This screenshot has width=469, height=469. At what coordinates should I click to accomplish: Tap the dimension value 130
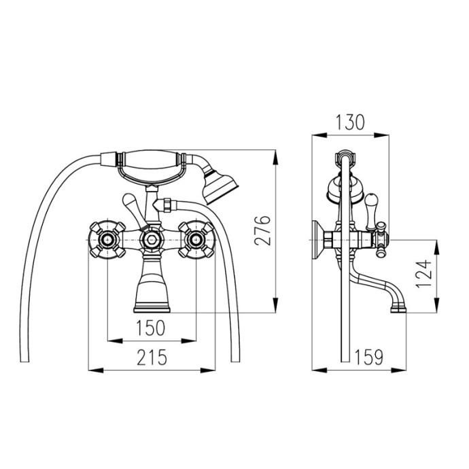click(x=350, y=122)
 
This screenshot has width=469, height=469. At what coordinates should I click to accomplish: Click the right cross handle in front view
click(x=196, y=239)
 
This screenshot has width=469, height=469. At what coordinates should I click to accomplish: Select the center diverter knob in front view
click(x=152, y=239)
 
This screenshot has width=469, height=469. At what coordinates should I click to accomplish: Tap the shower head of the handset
click(x=222, y=187)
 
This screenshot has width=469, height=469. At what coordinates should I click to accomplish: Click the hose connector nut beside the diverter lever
click(x=165, y=203)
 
